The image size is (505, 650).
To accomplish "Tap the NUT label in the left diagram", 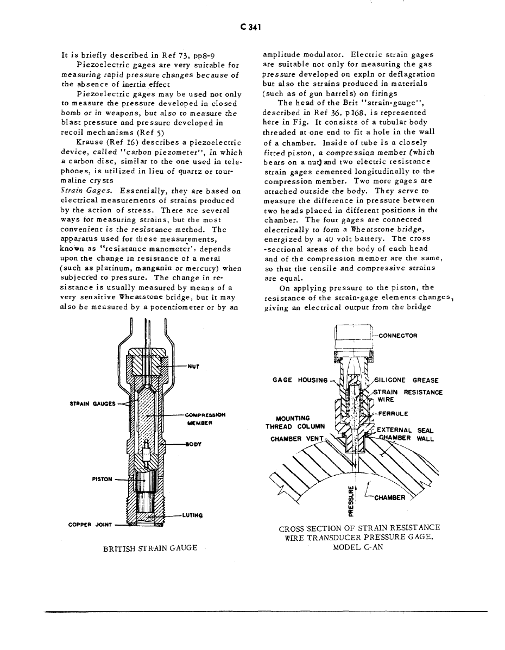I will click(x=192, y=365).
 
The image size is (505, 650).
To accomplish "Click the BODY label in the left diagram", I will click(x=193, y=444).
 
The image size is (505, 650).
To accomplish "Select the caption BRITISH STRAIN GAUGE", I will click(x=149, y=548).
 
